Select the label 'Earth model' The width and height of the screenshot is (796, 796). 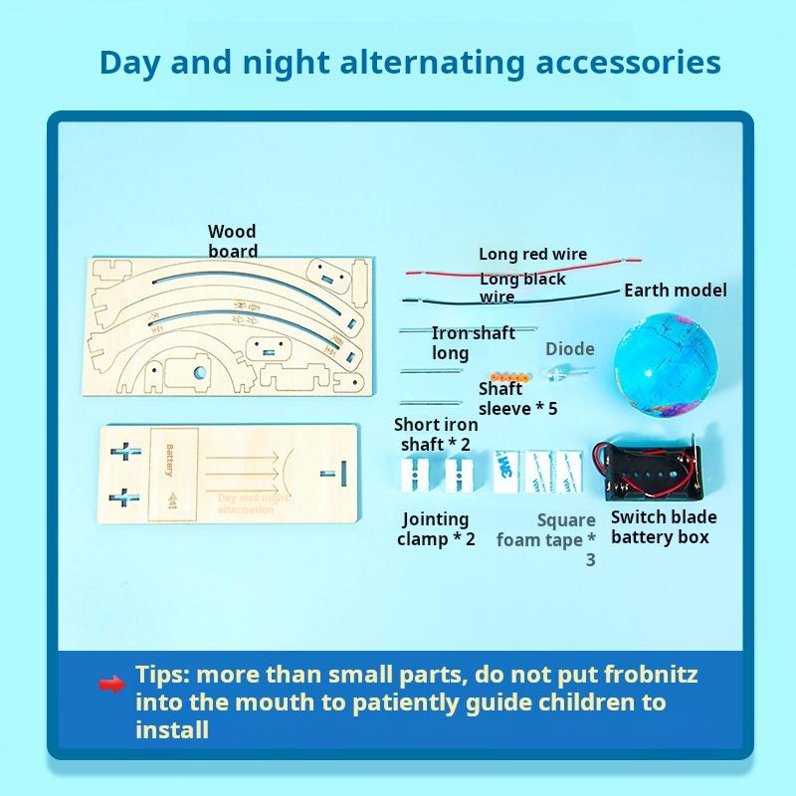coord(675,291)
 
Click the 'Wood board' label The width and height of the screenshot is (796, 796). coord(233,242)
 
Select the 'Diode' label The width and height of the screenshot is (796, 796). coord(569,349)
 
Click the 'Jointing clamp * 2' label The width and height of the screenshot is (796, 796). coord(436,528)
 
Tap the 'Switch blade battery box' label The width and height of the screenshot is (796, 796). coord(663,527)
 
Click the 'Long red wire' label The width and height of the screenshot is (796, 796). coord(532,255)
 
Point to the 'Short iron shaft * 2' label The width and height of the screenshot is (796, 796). coord(435,435)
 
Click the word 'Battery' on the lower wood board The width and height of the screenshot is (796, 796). coord(169,460)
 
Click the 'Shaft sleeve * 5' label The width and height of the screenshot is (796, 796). coord(517,399)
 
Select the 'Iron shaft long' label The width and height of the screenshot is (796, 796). coord(472,343)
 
